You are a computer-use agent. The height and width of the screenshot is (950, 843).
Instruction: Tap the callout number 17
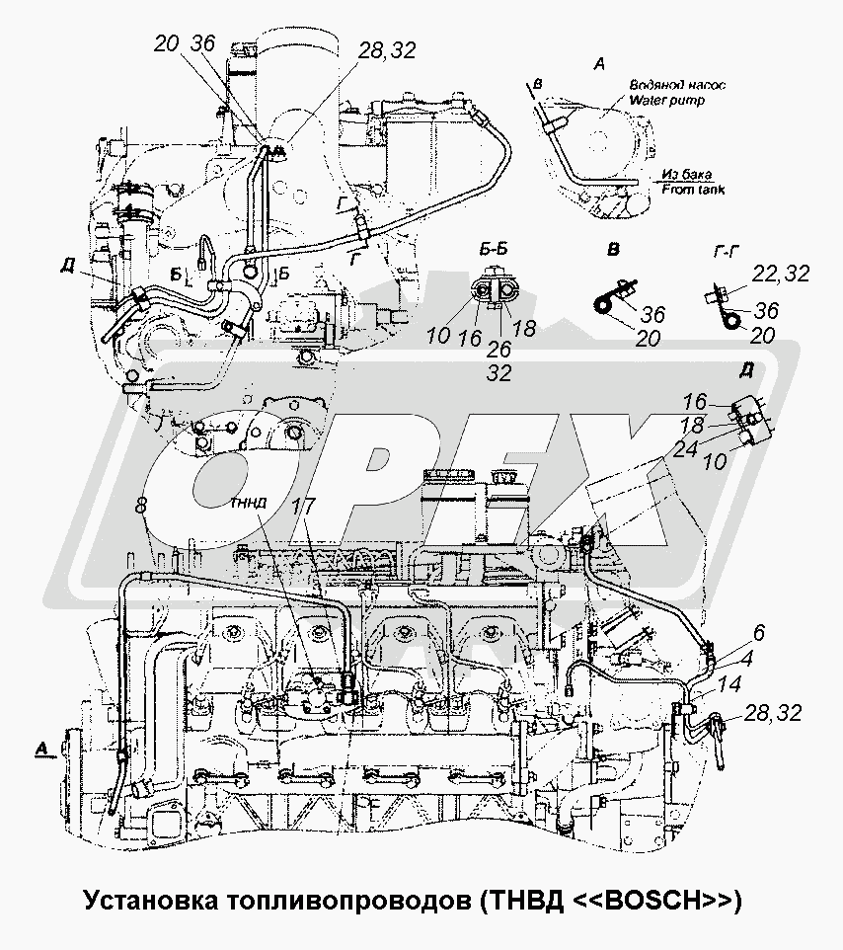(x=304, y=505)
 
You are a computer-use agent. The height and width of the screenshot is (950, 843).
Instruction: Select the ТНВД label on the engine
(x=248, y=502)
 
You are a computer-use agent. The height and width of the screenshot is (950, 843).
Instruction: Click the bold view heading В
(x=613, y=249)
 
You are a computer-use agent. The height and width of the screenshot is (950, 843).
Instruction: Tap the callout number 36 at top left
(x=202, y=43)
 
